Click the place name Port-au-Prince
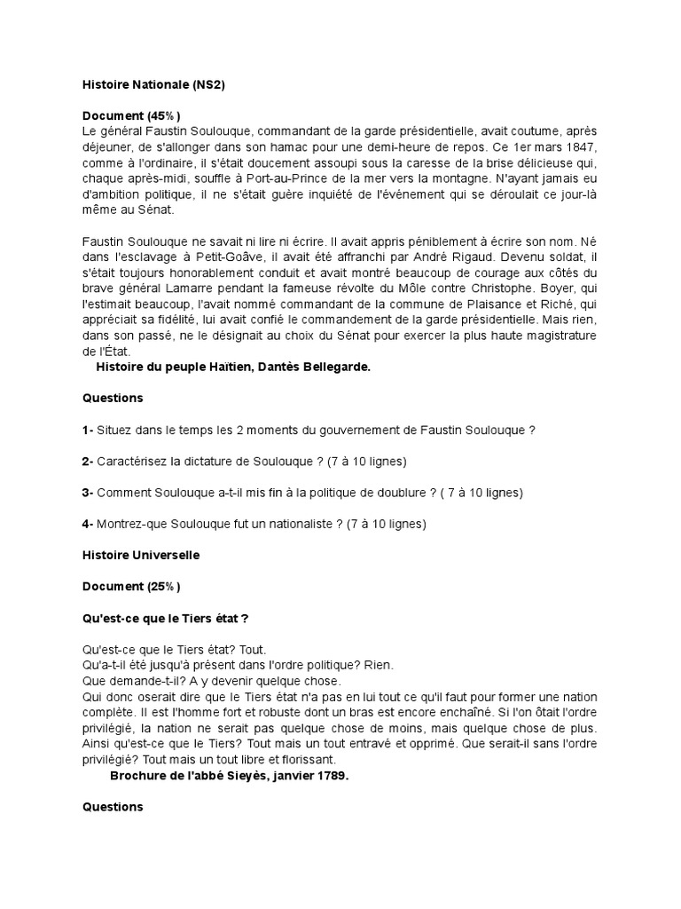(305, 178)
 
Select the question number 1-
(88, 430)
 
